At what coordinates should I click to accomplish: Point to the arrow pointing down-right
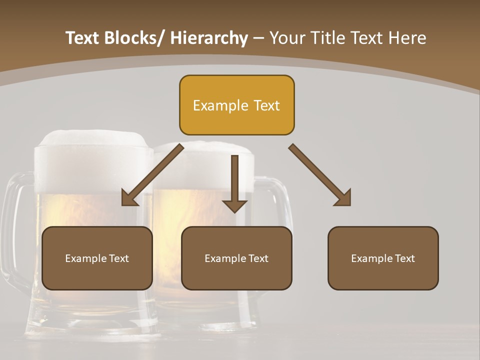(320, 175)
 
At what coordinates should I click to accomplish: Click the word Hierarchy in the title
(209, 38)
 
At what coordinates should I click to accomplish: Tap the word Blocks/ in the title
(132, 38)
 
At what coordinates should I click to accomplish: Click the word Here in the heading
(406, 38)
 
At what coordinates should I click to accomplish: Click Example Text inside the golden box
(236, 105)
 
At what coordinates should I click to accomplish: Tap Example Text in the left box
(97, 258)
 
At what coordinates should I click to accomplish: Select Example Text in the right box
(383, 258)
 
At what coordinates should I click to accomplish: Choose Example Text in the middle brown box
(236, 258)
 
